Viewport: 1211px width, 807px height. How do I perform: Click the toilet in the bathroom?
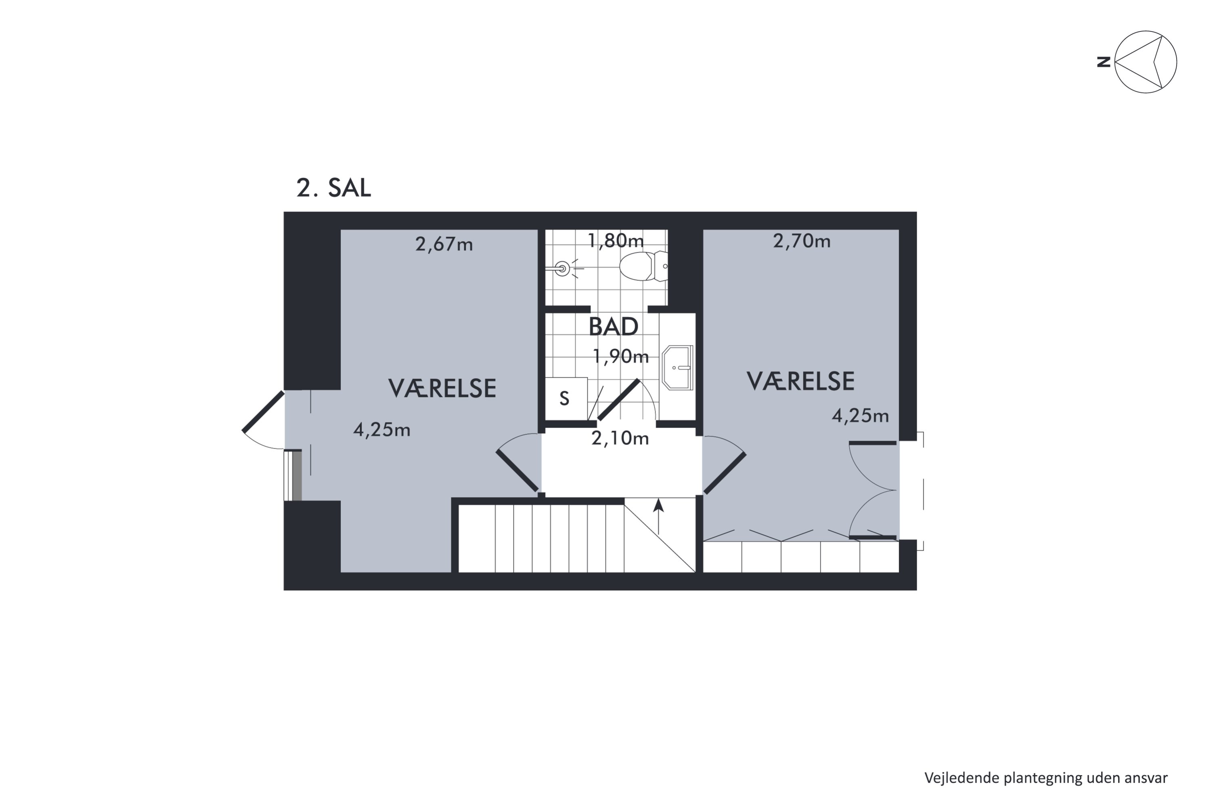643,266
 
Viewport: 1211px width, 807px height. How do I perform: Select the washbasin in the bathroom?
678,368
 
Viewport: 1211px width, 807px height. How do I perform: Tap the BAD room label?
613,327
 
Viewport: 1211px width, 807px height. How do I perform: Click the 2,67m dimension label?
444,245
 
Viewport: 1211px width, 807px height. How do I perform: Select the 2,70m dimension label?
802,241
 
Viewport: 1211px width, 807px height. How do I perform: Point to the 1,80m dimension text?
616,240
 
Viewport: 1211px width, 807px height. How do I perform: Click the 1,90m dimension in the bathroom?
620,356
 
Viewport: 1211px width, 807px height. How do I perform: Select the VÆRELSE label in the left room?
442,389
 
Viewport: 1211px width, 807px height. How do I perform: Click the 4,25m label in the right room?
860,416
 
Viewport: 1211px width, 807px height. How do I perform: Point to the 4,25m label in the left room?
381,430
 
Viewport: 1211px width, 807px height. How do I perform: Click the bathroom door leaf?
618,400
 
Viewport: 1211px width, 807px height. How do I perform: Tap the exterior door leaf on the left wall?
263,412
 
